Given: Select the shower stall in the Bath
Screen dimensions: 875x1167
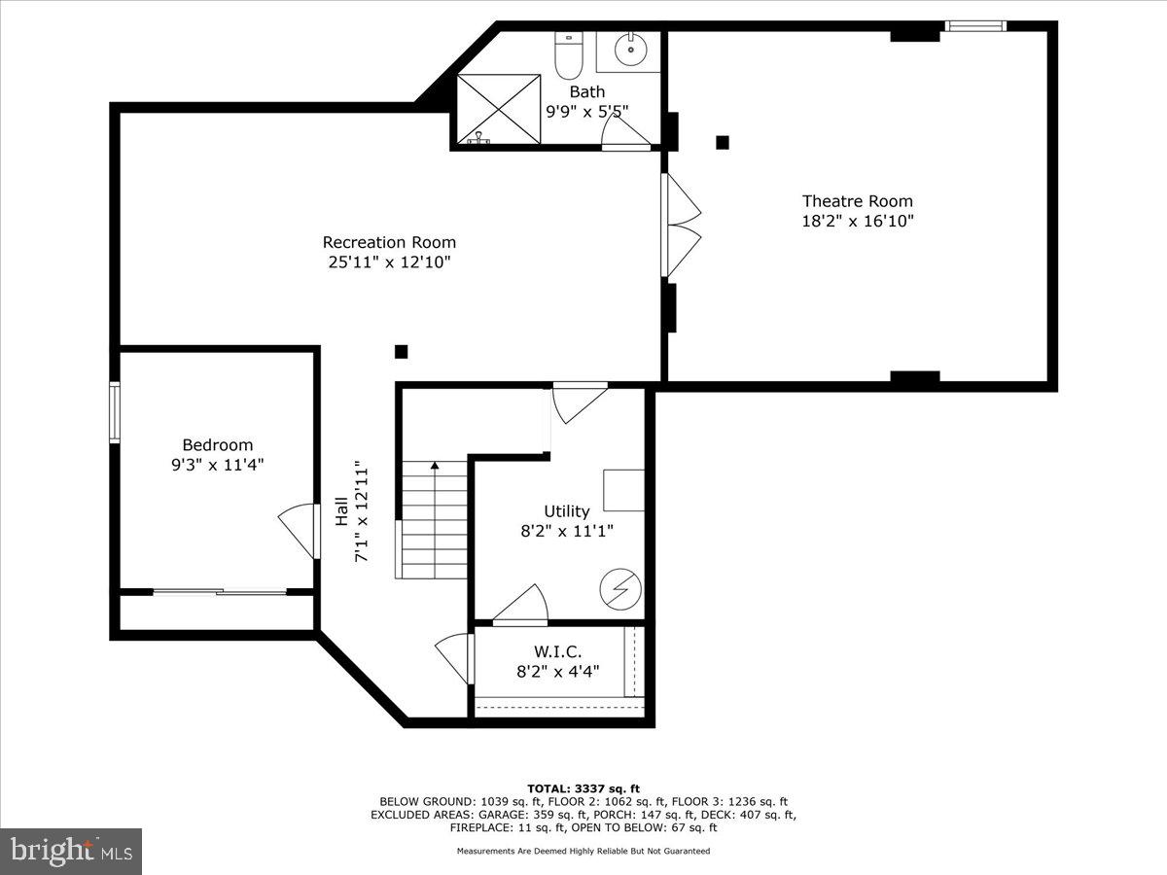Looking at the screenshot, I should (x=498, y=108).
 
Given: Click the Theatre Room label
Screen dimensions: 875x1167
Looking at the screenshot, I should (x=857, y=201).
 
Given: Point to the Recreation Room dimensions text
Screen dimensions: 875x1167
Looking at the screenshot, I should (x=389, y=262).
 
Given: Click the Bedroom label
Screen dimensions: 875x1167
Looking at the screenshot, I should (x=218, y=445).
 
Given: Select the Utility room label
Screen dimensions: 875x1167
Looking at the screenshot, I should (x=566, y=511).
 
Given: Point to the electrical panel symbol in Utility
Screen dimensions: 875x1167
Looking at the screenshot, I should (x=619, y=587).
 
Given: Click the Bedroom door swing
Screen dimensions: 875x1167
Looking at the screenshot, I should (x=298, y=531).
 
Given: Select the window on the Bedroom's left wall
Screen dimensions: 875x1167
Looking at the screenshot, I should (x=115, y=412).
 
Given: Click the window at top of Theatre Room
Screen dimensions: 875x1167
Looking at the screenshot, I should (x=975, y=26).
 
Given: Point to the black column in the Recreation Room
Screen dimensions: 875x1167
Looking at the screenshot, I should (x=401, y=352).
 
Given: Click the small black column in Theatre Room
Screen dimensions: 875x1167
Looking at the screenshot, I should (x=723, y=142).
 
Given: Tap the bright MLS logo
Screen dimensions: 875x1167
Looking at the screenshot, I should (x=71, y=851).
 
